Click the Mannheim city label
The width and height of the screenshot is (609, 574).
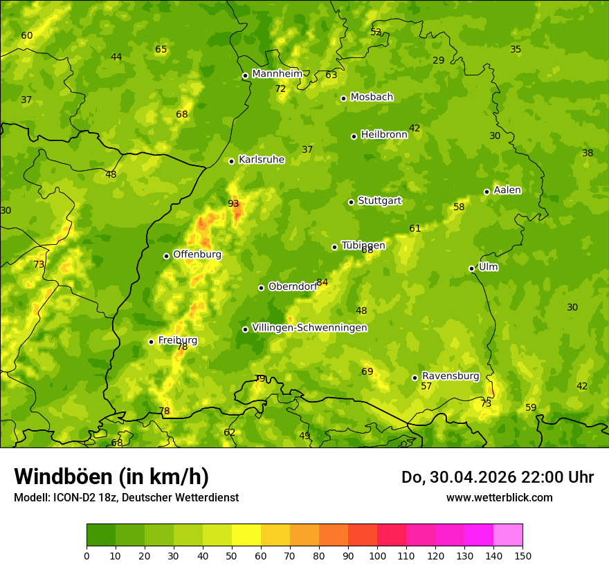pyautogui.click(x=277, y=74)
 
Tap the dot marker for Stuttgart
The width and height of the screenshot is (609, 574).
pyautogui.click(x=351, y=202)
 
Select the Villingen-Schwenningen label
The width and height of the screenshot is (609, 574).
pyautogui.click(x=309, y=328)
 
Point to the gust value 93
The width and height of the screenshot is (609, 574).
pyautogui.click(x=233, y=203)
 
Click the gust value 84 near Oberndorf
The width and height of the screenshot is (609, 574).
pyautogui.click(x=322, y=282)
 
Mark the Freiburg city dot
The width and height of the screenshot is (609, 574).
pyautogui.click(x=151, y=342)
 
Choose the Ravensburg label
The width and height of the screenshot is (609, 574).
pyautogui.click(x=450, y=376)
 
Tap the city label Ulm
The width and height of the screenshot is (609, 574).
pyautogui.click(x=488, y=267)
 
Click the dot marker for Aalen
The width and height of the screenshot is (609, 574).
pyautogui.click(x=487, y=192)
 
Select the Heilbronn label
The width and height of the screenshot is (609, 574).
pyautogui.click(x=383, y=135)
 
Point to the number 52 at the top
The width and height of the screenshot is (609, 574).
pyautogui.click(x=376, y=32)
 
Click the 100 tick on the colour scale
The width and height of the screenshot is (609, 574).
pyautogui.click(x=377, y=555)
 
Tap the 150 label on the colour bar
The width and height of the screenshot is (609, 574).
pyautogui.click(x=522, y=555)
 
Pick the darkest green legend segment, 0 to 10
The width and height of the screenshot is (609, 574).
pyautogui.click(x=101, y=535)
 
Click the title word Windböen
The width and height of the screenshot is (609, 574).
pyautogui.click(x=63, y=476)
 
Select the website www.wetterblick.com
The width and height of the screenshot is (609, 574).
pyautogui.click(x=499, y=497)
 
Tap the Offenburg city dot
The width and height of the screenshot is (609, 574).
pyautogui.click(x=166, y=256)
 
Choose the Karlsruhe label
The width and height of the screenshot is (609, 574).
pyautogui.click(x=261, y=160)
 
